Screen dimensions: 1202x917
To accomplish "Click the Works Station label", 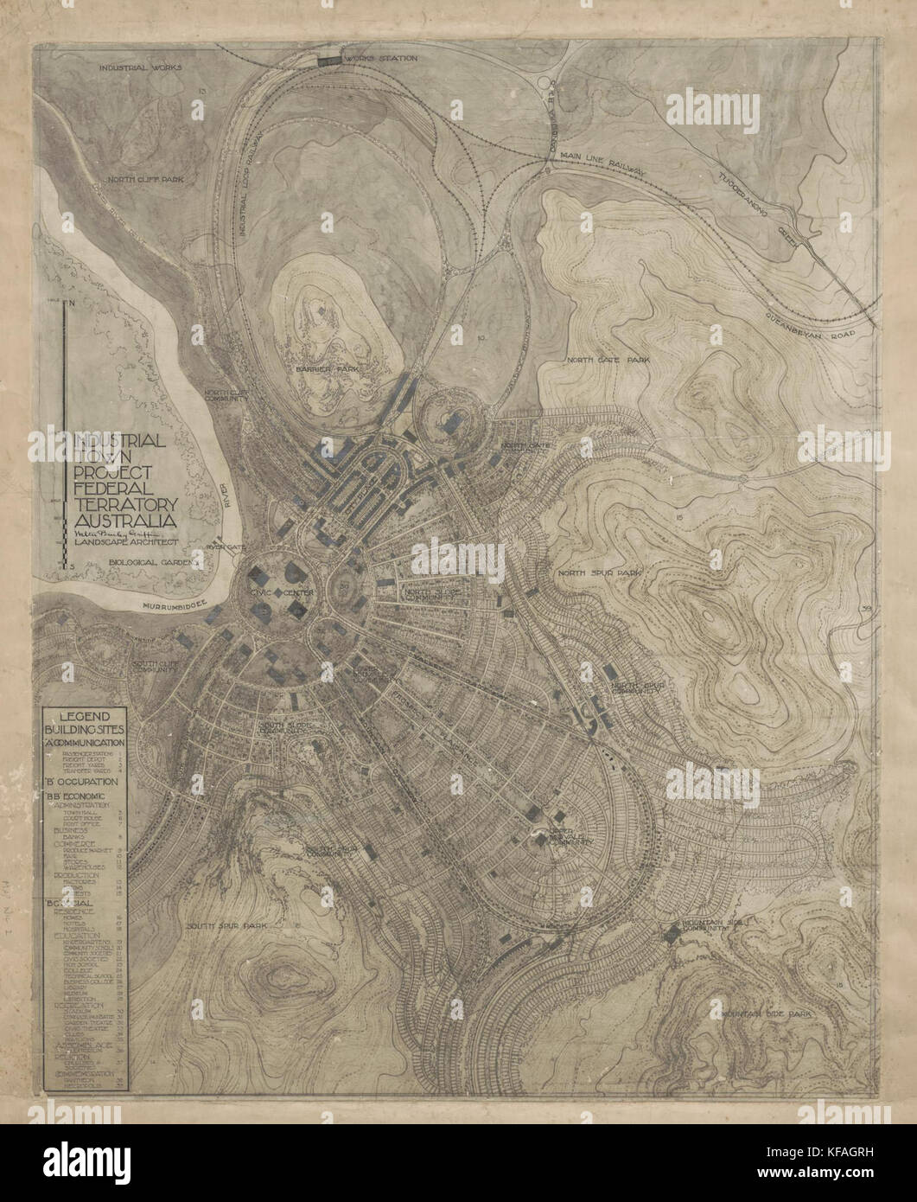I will (x=380, y=59).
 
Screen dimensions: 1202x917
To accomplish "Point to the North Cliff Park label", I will (x=147, y=180).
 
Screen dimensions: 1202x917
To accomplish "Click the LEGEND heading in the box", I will (x=84, y=716).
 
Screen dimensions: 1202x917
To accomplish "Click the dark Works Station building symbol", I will (x=329, y=60).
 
